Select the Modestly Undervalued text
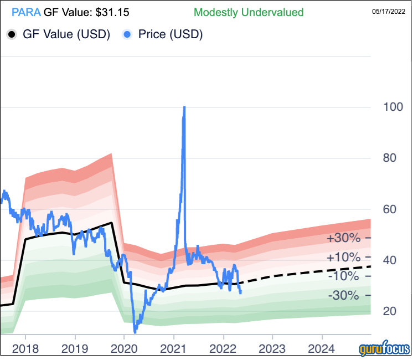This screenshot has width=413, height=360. click(x=249, y=11)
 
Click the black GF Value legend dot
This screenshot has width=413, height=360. click(x=12, y=34)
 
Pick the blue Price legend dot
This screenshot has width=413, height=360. click(x=128, y=34)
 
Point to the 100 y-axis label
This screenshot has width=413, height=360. click(x=394, y=107)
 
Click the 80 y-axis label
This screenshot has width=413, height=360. click(x=390, y=158)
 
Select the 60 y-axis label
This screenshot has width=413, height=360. click(x=390, y=209)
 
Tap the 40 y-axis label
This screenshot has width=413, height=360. click(x=390, y=260)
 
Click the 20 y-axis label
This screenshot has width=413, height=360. click(x=390, y=311)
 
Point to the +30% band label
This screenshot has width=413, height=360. click(x=343, y=239)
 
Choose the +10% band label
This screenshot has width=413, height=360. click(x=343, y=258)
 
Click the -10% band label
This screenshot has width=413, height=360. click(x=344, y=276)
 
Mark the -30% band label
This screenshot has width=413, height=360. click(x=344, y=296)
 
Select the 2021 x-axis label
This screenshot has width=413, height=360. click(x=174, y=349)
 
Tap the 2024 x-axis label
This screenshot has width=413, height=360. click(x=322, y=349)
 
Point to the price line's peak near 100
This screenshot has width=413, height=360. click(x=184, y=107)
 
